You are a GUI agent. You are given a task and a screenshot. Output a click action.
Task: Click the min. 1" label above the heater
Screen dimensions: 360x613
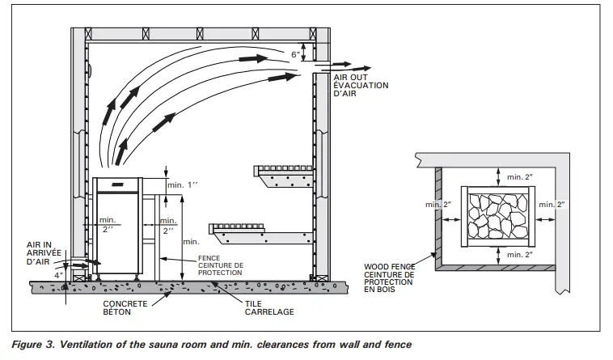click(183, 185)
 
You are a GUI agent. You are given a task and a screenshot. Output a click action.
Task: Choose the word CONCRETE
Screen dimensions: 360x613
click(125, 305)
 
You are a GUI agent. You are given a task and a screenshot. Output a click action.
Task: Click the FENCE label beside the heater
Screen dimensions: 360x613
click(209, 259)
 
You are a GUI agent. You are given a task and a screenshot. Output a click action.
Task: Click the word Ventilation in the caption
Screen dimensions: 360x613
click(91, 345)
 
